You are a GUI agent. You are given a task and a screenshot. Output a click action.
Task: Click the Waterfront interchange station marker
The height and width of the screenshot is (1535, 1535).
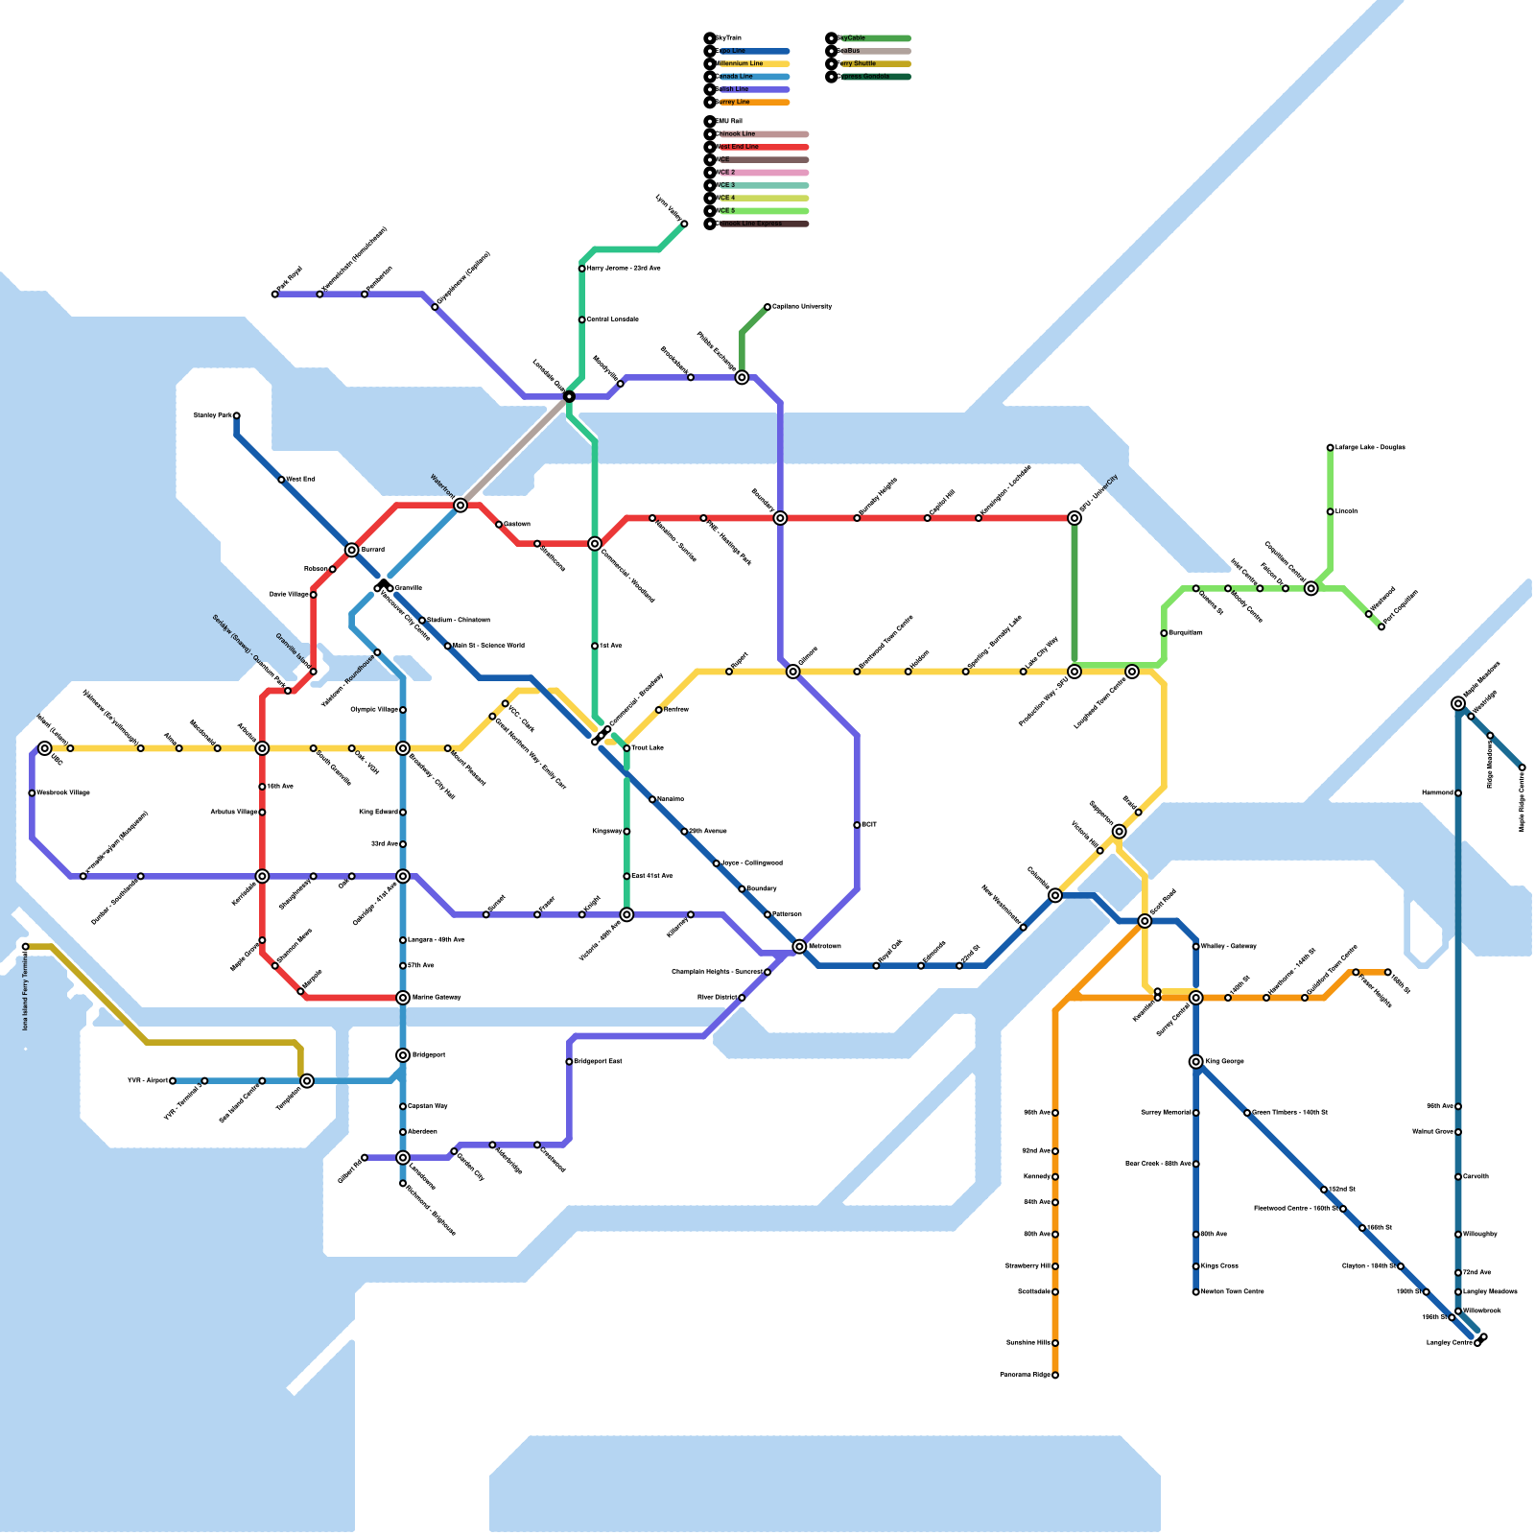(x=460, y=505)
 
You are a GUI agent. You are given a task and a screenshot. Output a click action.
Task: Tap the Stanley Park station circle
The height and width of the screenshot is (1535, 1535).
(x=236, y=416)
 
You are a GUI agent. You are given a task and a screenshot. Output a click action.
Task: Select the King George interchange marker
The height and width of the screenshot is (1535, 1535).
(x=1195, y=1061)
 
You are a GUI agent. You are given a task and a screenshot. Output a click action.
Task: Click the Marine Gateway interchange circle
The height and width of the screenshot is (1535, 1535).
(x=403, y=998)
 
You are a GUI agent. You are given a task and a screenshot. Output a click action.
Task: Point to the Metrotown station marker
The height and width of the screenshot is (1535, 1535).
(x=799, y=947)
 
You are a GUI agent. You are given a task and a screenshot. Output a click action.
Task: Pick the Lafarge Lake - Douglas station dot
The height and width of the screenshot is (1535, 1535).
(x=1330, y=448)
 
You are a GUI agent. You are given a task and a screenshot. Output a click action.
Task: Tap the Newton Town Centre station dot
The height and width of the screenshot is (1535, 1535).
(x=1195, y=1292)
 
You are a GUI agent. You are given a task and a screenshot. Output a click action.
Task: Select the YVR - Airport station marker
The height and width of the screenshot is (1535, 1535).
(x=173, y=1081)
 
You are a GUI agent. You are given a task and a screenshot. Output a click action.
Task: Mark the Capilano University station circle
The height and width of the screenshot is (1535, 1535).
(x=767, y=307)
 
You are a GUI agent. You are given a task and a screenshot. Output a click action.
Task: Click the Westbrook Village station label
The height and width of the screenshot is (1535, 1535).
(x=63, y=793)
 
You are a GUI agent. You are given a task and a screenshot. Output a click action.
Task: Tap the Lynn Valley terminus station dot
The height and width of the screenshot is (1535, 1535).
(x=684, y=224)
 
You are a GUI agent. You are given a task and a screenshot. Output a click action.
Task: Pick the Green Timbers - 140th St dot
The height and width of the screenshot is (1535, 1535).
(x=1247, y=1113)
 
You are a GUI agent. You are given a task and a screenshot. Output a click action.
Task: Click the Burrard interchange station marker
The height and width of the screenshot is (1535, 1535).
(x=352, y=550)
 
